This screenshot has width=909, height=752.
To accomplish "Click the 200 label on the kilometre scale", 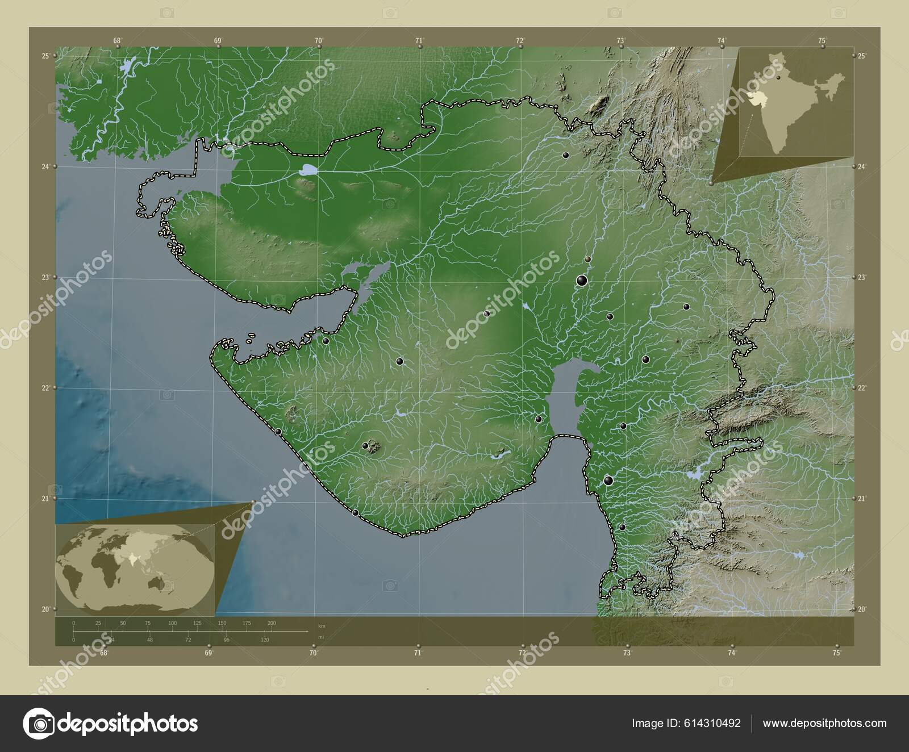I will (272, 623).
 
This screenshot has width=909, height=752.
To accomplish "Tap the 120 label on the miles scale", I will (265, 640).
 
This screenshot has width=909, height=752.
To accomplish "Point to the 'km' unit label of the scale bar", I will (322, 626).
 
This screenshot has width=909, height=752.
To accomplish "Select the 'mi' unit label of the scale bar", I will (321, 637).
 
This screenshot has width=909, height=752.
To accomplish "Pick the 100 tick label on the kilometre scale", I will (172, 623).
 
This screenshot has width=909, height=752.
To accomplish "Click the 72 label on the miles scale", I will (188, 640).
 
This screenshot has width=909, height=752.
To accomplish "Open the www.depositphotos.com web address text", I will (824, 723).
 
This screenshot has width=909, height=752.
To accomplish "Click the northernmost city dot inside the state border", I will (565, 155).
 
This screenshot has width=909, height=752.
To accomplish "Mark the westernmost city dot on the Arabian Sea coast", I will (278, 432).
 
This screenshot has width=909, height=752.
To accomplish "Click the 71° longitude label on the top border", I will (419, 40).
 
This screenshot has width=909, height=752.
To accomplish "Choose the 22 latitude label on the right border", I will (862, 387).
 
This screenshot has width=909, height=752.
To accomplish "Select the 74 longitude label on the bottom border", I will (731, 653).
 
